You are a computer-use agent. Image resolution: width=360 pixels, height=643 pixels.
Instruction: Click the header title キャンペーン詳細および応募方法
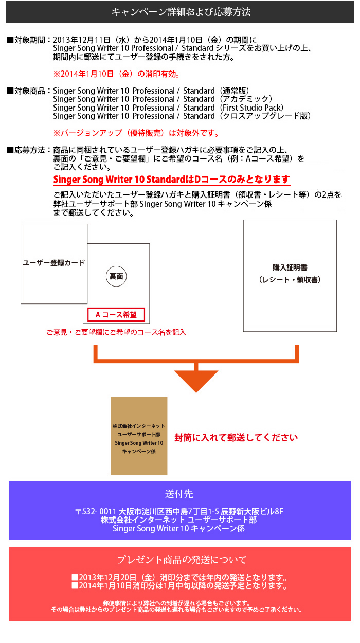[181, 12]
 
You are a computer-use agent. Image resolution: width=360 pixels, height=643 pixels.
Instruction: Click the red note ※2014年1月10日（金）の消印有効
[116, 74]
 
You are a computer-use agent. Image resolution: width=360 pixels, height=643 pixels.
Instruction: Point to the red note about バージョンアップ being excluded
[136, 133]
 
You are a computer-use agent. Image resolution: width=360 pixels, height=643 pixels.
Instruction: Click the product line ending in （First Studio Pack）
[168, 108]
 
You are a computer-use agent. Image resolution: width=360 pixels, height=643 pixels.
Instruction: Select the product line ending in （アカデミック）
[163, 99]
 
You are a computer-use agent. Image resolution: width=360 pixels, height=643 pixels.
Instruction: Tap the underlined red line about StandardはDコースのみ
[172, 180]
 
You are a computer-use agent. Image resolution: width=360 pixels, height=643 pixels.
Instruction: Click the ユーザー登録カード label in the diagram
[53, 263]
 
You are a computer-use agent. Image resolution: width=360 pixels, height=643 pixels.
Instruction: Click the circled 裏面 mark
[116, 276]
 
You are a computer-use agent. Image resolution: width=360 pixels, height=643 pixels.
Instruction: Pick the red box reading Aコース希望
[116, 315]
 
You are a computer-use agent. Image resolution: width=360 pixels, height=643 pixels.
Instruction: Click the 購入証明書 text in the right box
[290, 267]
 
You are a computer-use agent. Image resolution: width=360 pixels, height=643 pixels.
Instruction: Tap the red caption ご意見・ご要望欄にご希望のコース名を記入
[116, 332]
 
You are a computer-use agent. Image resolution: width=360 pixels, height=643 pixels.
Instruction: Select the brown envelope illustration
[139, 436]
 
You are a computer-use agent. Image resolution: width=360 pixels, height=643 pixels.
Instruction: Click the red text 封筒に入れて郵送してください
[236, 438]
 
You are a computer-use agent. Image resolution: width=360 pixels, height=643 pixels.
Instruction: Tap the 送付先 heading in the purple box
[179, 494]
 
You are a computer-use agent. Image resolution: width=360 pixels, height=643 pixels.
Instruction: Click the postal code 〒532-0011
[96, 511]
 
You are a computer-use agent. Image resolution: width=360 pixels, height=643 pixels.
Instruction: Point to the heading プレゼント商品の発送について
[182, 560]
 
